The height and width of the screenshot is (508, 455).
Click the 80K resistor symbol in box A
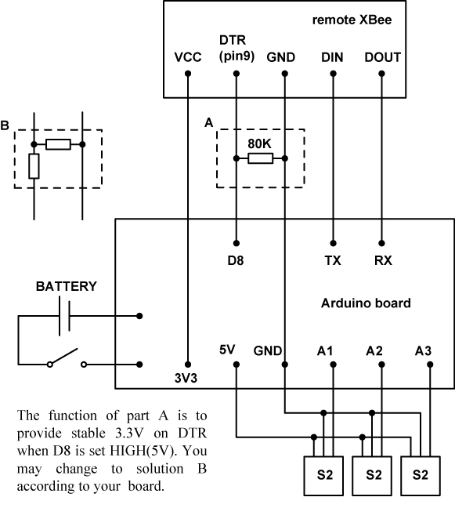tap(261, 158)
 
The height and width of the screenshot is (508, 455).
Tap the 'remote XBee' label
tap(352, 20)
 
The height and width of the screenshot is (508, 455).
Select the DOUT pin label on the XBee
tap(382, 57)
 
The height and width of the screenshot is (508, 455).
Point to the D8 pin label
tap(236, 260)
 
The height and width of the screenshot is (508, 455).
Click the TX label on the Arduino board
tap(333, 260)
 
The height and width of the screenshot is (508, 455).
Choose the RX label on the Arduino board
tap(383, 260)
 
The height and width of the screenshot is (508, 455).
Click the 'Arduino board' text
tap(366, 303)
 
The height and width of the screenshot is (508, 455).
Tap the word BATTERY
tap(67, 286)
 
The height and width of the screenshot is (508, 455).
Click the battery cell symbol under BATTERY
tap(64, 316)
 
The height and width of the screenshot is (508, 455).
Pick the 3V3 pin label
tap(186, 378)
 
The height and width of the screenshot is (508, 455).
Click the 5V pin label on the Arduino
tap(227, 350)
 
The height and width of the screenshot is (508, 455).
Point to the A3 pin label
tap(423, 350)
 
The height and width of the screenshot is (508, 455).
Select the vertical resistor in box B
tap(34, 166)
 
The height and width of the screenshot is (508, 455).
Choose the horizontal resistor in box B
tap(58, 144)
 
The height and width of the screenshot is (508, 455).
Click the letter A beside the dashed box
tap(209, 123)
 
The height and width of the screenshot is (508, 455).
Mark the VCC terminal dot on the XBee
tap(188, 74)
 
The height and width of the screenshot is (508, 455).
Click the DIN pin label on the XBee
tap(332, 57)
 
